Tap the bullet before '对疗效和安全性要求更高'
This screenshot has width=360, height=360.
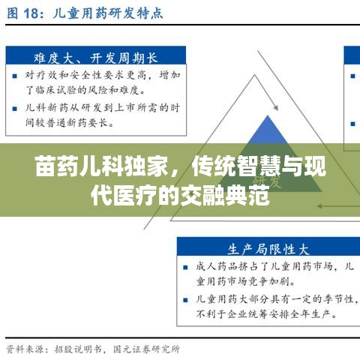pyautogui.click(x=16, y=75)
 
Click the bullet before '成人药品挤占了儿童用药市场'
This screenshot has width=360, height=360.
pyautogui.click(x=185, y=265)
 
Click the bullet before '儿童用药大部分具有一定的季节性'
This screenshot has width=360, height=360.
pyautogui.click(x=185, y=298)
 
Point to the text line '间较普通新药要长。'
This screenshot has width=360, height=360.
pyautogui.click(x=72, y=121)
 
